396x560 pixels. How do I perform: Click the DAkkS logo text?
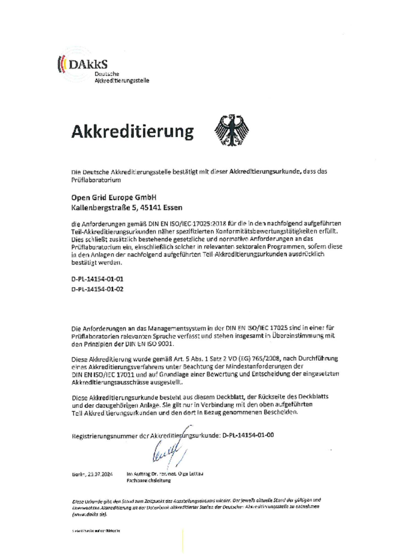(87, 64)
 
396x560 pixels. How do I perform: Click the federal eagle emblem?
(232, 130)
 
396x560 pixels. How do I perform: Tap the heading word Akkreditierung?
(133, 132)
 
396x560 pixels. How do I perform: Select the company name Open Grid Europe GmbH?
(114, 198)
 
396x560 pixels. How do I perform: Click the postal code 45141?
(150, 207)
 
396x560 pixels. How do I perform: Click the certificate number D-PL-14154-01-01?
(97, 279)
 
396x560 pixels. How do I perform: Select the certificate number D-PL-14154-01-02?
(97, 289)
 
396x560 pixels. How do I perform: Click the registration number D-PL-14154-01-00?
(248, 435)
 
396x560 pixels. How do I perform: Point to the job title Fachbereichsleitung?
(148, 481)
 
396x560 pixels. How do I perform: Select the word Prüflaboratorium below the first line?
(96, 180)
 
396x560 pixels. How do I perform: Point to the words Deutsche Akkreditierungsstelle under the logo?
(122, 77)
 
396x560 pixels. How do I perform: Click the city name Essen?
(173, 207)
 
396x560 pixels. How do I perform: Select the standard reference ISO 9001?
(159, 344)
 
